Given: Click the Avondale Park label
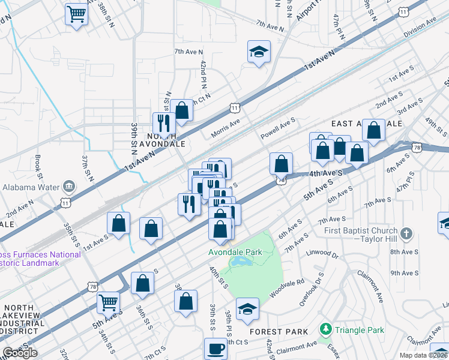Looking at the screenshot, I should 235,252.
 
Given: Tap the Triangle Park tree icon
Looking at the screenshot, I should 326,329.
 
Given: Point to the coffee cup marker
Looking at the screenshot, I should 215,349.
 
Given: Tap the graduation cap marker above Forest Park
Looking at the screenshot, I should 247,310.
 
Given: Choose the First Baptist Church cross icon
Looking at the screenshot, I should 406,233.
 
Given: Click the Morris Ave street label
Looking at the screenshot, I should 225,127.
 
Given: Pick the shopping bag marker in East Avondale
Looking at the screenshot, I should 373,131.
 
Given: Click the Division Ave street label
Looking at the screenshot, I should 420,28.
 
